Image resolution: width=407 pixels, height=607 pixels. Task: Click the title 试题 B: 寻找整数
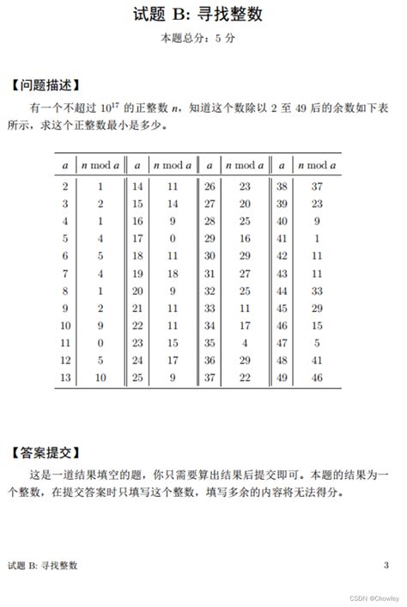[x=203, y=15]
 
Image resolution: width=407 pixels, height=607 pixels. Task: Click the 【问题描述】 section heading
[x=48, y=85]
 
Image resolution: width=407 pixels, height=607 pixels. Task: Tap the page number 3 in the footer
[x=386, y=564]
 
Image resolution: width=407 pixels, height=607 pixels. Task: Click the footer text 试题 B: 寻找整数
[x=42, y=565]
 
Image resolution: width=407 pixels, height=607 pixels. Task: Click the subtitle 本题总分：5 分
[x=203, y=39]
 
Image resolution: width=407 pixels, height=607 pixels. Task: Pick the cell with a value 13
[x=65, y=377]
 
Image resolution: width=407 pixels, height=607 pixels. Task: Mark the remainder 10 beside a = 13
[x=100, y=377]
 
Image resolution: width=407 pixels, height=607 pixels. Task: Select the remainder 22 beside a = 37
[x=245, y=377]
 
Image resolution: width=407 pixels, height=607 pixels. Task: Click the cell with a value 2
[x=65, y=186]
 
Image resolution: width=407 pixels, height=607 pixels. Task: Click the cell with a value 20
[x=137, y=290]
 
